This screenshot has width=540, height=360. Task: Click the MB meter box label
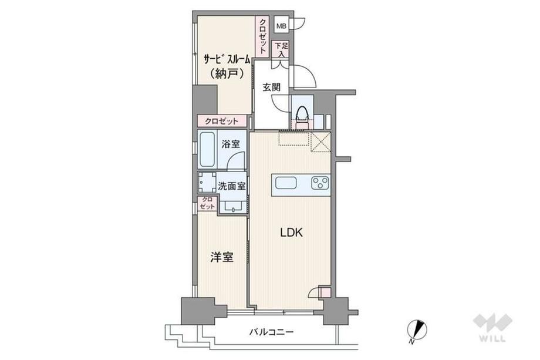281,26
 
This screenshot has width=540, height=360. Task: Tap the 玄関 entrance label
271,87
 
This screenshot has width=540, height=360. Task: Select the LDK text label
291,233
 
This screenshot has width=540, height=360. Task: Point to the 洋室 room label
222,257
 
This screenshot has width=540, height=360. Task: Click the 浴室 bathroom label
231,144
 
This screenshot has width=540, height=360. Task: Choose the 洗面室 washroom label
231,186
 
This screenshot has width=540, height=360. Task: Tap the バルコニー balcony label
271,332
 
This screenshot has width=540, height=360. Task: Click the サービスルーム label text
227,60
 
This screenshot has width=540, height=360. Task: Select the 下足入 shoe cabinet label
281,49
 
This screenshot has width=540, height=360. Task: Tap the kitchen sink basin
286,183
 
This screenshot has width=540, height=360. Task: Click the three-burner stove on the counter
320,183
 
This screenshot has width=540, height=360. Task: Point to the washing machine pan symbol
207,183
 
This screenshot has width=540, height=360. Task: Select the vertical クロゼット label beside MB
262,36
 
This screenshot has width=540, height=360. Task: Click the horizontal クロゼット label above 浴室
221,121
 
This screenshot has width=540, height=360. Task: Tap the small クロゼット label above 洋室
207,203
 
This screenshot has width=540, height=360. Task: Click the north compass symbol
417,330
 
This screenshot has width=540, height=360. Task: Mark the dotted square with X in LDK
320,142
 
